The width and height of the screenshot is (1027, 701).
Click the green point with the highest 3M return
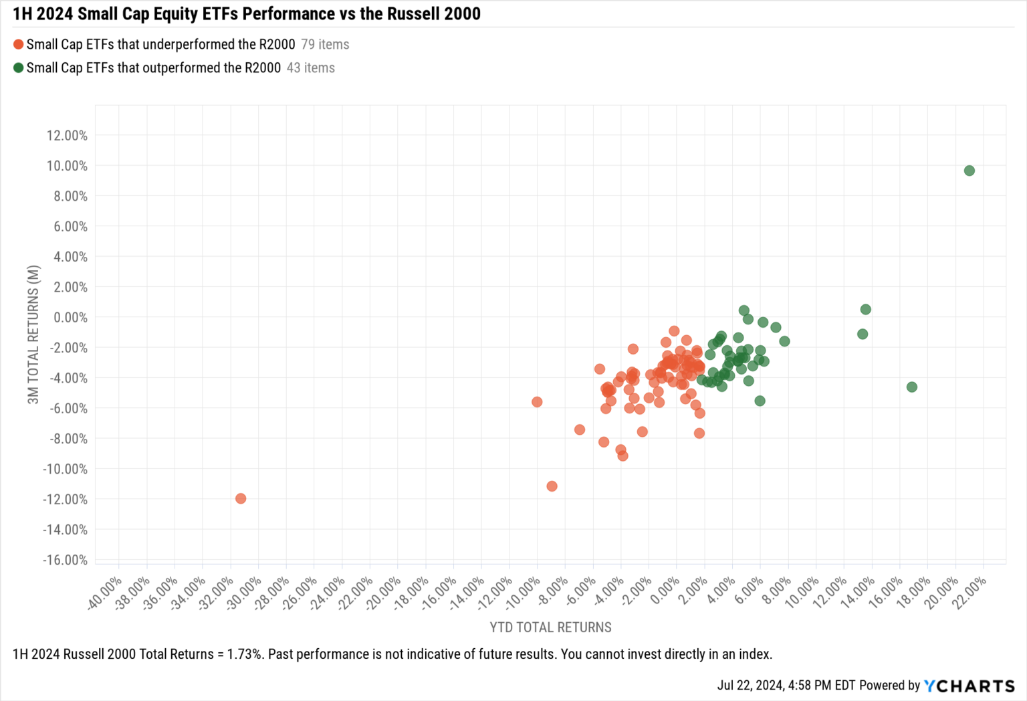tap(969, 171)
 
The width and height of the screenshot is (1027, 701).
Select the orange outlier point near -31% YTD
tap(241, 498)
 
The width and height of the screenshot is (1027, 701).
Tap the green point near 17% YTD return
tap(911, 387)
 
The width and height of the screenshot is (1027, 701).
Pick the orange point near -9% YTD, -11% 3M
tap(552, 486)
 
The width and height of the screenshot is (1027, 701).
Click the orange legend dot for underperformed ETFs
tap(18, 45)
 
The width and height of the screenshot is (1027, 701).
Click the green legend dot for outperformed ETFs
tap(18, 68)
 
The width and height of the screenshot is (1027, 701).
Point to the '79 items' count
tap(325, 45)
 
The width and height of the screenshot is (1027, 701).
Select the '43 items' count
tap(311, 68)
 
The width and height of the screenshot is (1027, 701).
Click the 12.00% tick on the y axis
tap(67, 136)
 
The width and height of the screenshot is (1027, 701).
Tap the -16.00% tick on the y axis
tap(65, 560)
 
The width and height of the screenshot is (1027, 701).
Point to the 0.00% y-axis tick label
tap(70, 317)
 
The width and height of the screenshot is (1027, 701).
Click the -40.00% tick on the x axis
tap(106, 593)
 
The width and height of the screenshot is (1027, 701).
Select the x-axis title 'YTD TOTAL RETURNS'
tap(550, 627)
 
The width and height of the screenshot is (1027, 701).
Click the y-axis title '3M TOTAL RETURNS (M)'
tap(33, 334)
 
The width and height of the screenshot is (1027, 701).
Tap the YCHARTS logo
tap(969, 686)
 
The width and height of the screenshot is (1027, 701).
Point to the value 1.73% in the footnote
tap(245, 654)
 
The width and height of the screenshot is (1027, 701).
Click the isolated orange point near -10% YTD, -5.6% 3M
tap(537, 402)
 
